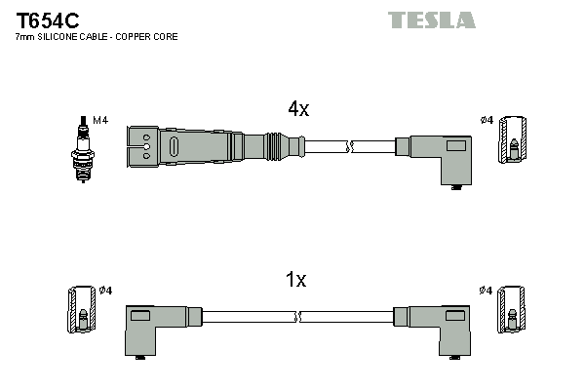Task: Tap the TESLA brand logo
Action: click(x=431, y=19)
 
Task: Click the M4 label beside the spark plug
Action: click(x=99, y=121)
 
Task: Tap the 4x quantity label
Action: click(x=297, y=110)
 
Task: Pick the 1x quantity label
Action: click(x=295, y=281)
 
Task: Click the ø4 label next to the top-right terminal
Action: click(x=487, y=120)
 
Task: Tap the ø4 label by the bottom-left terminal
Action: click(x=106, y=291)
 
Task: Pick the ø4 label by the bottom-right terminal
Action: click(x=487, y=291)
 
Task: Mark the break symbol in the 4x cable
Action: click(x=351, y=147)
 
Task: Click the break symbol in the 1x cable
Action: click(x=297, y=317)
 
